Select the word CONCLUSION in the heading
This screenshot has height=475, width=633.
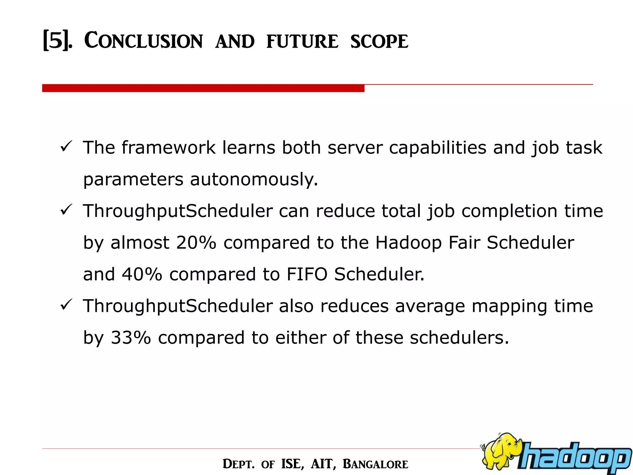click(143, 41)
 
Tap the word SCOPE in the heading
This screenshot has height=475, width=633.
click(379, 41)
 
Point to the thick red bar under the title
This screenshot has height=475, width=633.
click(203, 88)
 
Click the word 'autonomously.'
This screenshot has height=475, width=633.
click(254, 179)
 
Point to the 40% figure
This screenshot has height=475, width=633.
click(142, 274)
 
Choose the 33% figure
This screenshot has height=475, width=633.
click(131, 337)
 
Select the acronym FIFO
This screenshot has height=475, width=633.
click(307, 274)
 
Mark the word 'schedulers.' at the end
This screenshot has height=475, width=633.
click(459, 337)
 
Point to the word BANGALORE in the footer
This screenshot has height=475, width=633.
click(375, 464)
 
